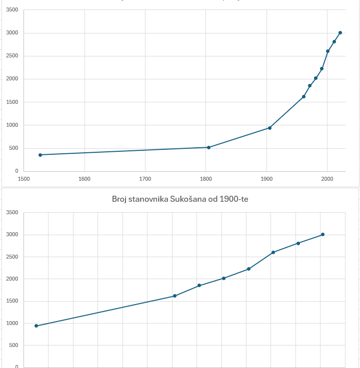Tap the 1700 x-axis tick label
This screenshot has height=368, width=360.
tap(145, 178)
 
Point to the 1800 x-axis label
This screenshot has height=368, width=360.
tap(205, 178)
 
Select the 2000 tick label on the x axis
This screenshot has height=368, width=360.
tap(327, 178)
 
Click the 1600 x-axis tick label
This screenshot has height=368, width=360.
tap(84, 178)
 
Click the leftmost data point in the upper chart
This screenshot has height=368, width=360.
tap(40, 155)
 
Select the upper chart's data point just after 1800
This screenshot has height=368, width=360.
tap(208, 147)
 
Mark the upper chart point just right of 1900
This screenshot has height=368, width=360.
tap(269, 128)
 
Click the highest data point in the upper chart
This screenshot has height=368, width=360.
tap(340, 32)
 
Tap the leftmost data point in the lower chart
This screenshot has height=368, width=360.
tap(36, 326)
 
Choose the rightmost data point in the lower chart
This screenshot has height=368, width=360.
tap(322, 234)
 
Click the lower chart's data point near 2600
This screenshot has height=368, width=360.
tap(273, 252)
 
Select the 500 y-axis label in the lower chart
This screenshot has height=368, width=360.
tap(14, 346)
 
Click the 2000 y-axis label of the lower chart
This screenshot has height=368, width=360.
tap(12, 279)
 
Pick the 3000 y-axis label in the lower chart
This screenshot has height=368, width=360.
tap(12, 235)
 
